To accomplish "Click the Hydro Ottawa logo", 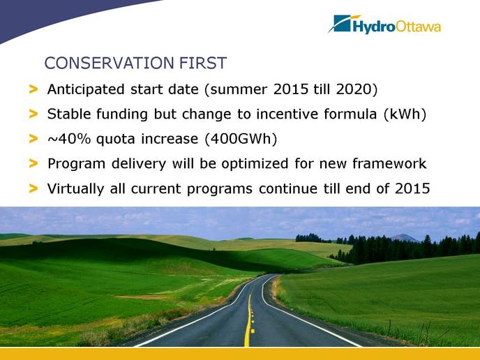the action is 384,24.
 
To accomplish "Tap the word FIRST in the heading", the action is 202,63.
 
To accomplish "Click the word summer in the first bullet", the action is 239,90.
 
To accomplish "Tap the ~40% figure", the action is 69,139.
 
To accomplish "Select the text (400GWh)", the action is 241,139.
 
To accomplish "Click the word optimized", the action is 255,164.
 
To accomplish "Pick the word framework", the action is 389,163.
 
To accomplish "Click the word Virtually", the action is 75,189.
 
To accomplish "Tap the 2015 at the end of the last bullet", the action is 412,188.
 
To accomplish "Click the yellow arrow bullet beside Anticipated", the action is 33,89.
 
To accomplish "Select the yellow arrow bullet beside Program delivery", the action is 33,163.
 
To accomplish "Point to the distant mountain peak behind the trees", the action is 404,237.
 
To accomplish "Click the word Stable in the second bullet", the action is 69,114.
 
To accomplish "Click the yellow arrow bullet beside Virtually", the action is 33,188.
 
